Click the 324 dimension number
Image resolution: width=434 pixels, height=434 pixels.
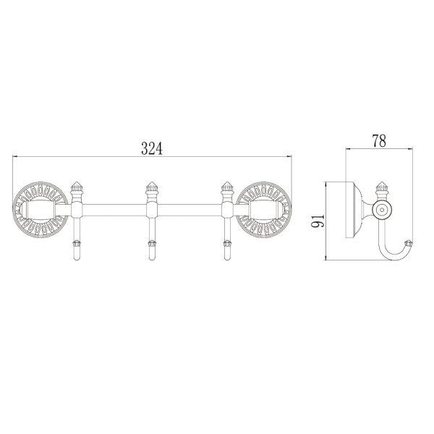(x=152, y=148)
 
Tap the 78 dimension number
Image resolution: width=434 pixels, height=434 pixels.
(x=379, y=141)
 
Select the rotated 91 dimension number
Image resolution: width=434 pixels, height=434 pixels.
(x=318, y=221)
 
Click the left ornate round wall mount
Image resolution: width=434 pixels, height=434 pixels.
(x=40, y=209)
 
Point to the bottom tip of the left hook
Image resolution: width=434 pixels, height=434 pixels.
(x=77, y=260)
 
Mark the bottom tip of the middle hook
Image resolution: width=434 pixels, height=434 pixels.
(x=151, y=260)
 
